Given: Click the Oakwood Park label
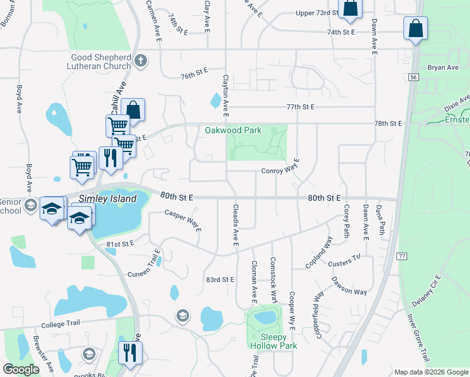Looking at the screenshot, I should click(232, 131).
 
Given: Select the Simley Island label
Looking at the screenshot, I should click(107, 199).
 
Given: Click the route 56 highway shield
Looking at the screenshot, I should click(413, 77).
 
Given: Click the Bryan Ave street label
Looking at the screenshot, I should click(443, 67).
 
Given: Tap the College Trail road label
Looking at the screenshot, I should click(61, 325).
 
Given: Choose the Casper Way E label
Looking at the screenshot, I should click(183, 221).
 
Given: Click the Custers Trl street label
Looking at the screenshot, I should click(346, 258).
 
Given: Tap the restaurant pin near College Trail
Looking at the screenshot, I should click(130, 352).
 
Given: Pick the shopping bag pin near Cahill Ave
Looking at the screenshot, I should click(133, 109).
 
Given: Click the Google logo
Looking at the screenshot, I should click(21, 369).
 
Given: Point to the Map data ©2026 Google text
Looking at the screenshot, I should click(430, 372).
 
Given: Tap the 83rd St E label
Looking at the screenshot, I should click(220, 279).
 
